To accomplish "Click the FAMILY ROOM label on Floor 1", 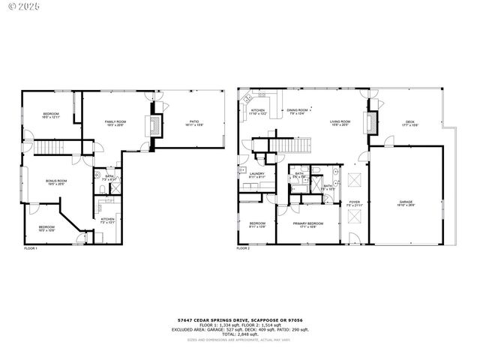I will pyautogui.click(x=115, y=123).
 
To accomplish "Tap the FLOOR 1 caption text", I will pyautogui.click(x=31, y=247).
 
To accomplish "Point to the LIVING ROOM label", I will pyautogui.click(x=340, y=123).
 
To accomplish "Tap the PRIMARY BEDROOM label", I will pyautogui.click(x=308, y=224).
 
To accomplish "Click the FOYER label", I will pyautogui.click(x=355, y=202).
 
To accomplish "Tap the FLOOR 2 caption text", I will pyautogui.click(x=243, y=247).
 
